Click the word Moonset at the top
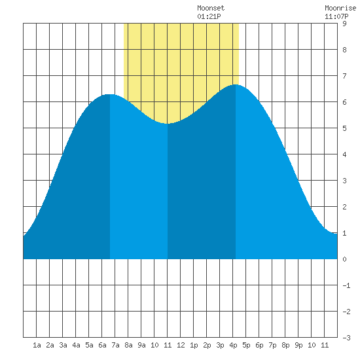coord(211,8)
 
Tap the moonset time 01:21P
coord(209,16)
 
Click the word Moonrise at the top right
coord(340,8)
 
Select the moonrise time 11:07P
coord(336,16)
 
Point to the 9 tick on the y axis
coord(344,24)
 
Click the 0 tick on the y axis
coord(344,259)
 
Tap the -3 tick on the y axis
coord(346,338)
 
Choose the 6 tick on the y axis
coord(344,102)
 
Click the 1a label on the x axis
coord(37,345)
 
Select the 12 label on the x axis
coord(181,345)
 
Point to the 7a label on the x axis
coord(115,345)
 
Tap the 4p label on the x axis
coord(233,345)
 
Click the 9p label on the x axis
coord(298,345)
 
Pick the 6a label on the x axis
coord(102,345)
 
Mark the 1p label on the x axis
coord(194,345)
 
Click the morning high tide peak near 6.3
coord(110,94)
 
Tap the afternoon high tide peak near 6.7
coord(236,84)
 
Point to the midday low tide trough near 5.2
coord(168,124)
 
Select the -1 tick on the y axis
coord(346,285)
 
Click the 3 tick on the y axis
coord(344,181)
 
